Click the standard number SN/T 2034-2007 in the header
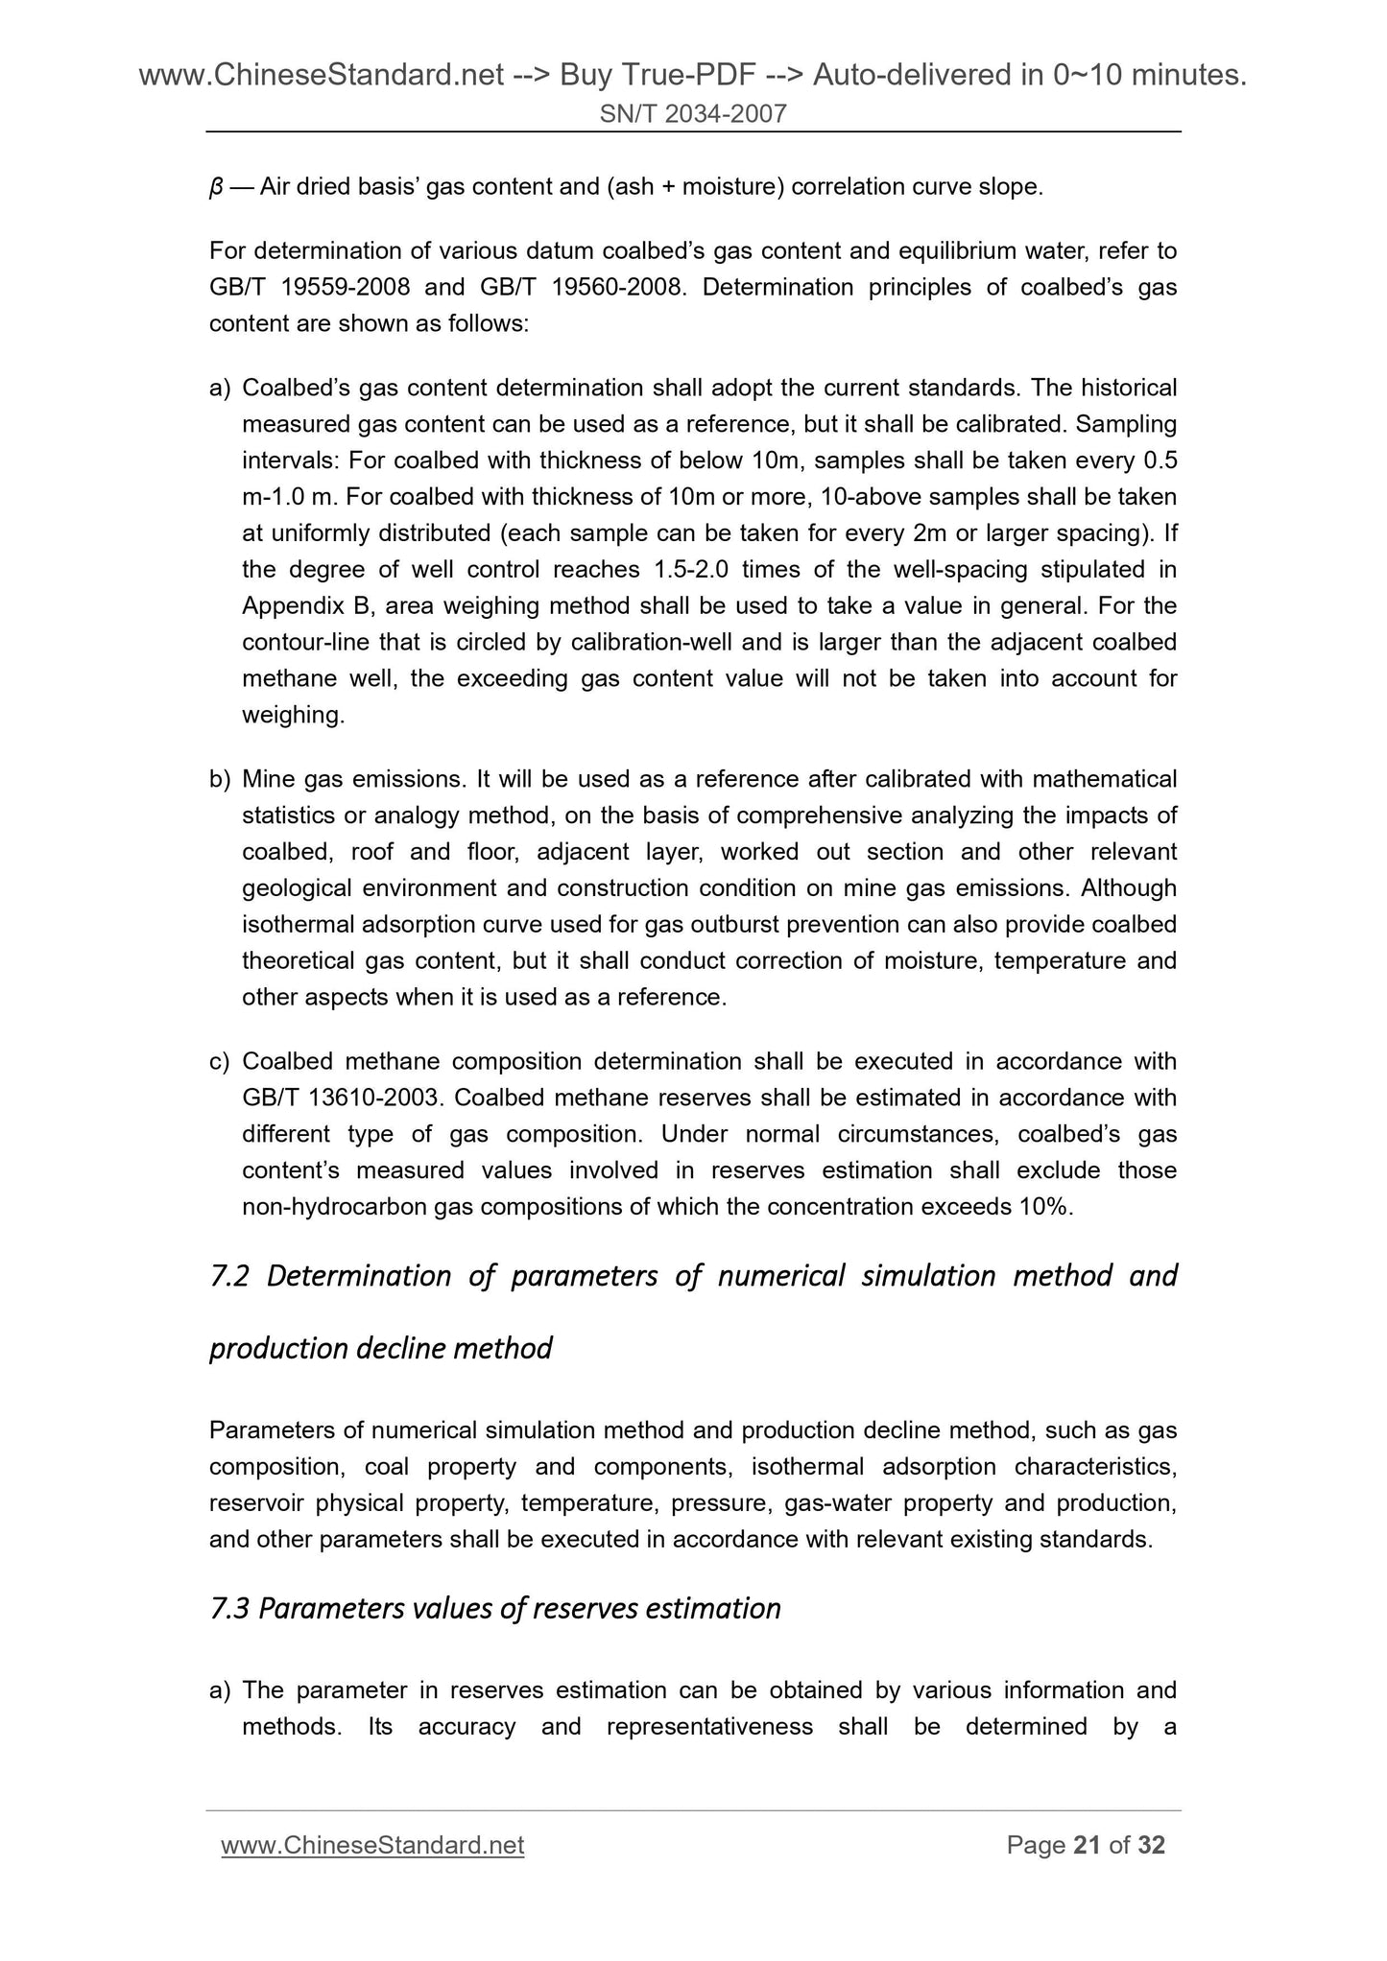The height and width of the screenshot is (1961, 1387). tap(693, 115)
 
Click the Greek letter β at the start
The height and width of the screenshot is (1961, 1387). tap(216, 188)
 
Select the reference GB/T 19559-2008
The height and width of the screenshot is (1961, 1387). tap(311, 288)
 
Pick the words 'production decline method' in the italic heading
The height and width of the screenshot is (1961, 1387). tap(380, 1349)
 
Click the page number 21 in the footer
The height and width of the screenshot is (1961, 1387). tap(1087, 1845)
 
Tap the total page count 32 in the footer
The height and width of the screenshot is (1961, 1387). tap(1151, 1845)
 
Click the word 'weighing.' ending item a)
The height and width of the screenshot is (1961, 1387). tap(293, 716)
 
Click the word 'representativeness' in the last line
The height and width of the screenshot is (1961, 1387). tap(710, 1727)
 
